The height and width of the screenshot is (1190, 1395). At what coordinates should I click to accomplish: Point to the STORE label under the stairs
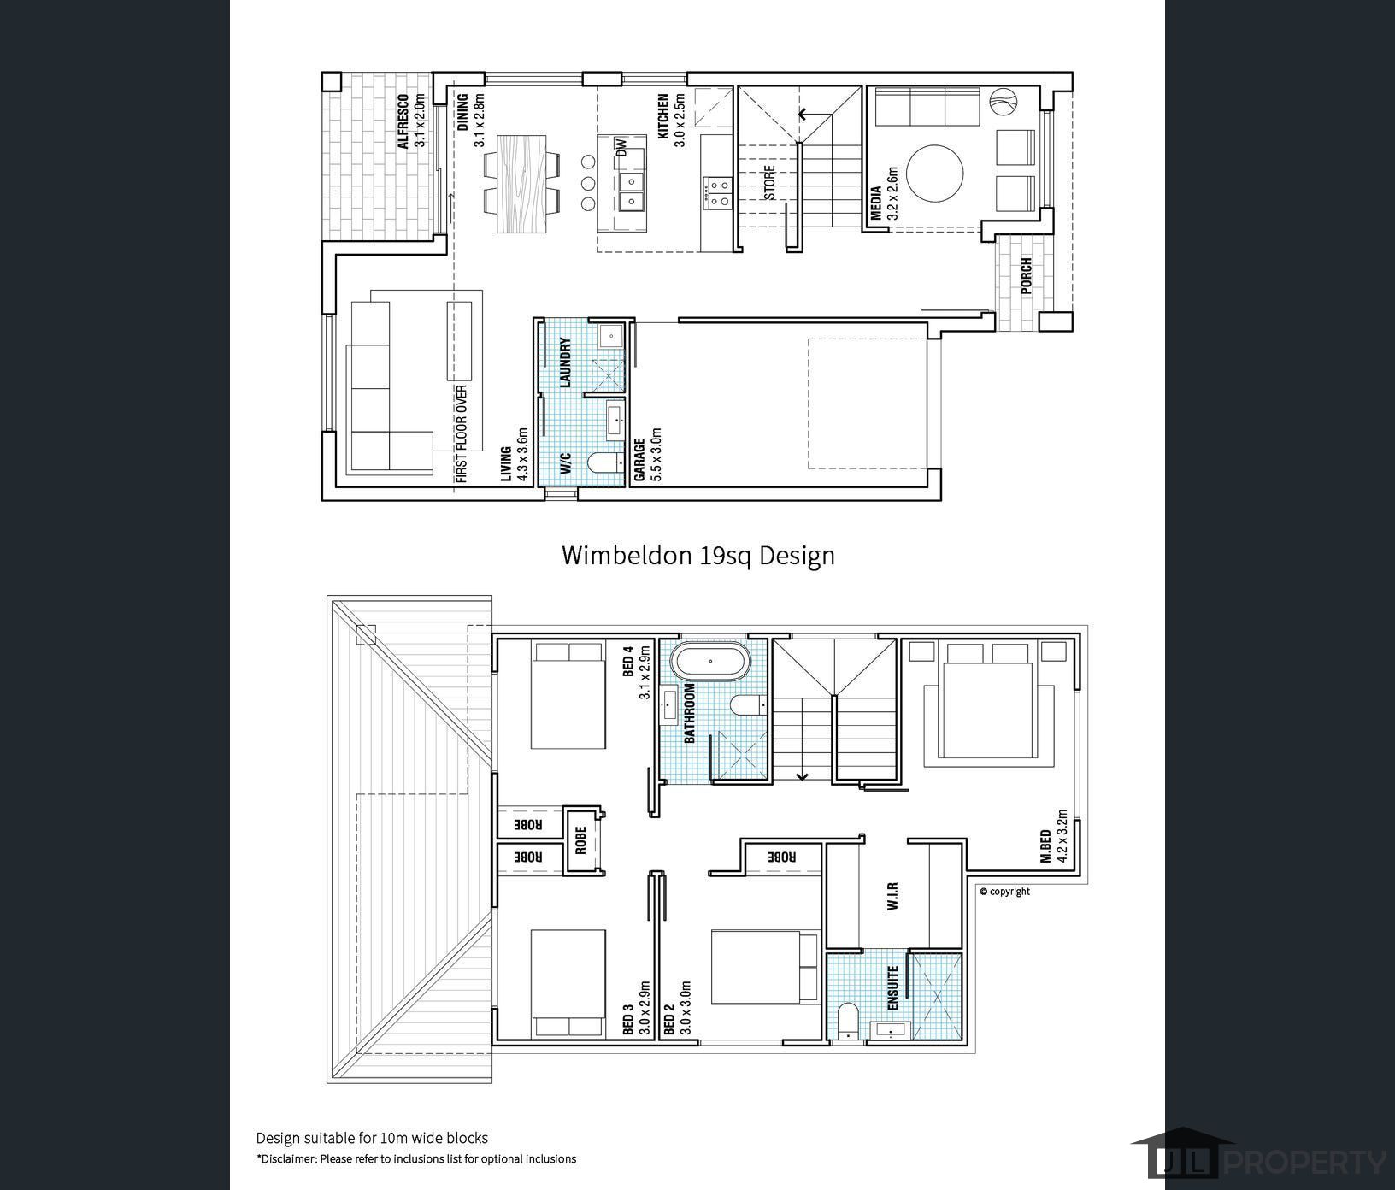[770, 182]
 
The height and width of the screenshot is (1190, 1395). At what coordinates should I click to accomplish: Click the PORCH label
[1026, 275]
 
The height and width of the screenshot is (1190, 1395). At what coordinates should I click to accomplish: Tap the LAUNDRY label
[565, 362]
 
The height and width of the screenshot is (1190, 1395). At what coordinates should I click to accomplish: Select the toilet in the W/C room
[605, 464]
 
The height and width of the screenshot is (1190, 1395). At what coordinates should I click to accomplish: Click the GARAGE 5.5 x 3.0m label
[648, 455]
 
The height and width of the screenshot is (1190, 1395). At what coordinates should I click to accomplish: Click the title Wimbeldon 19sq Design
[697, 556]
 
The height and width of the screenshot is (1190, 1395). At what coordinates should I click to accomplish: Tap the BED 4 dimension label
[637, 673]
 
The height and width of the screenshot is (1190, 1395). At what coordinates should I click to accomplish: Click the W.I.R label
[892, 896]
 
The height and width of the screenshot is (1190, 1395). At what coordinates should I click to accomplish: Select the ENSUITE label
[892, 989]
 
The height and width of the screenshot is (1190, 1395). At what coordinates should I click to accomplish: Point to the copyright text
[1005, 892]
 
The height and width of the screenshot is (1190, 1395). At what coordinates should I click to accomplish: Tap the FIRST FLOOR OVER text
[462, 434]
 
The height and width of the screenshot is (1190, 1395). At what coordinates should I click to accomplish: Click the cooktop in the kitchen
[717, 192]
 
